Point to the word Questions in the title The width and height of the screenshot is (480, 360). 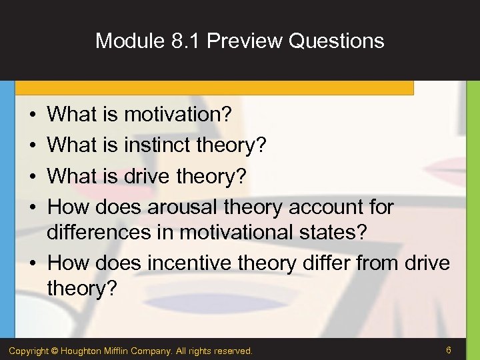tap(337, 41)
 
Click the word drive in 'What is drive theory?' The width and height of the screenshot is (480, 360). tap(149, 176)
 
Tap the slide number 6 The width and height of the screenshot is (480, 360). tap(449, 350)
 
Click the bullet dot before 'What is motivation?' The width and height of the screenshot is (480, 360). tap(32, 115)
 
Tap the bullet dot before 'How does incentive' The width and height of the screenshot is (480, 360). tap(32, 263)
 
